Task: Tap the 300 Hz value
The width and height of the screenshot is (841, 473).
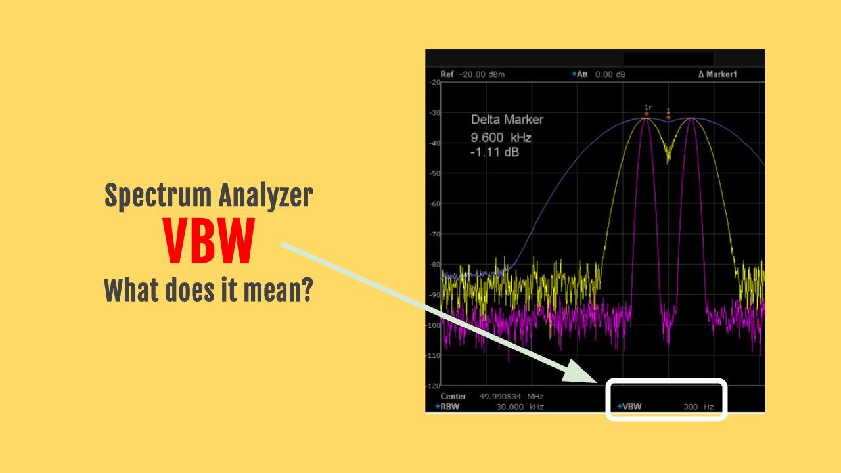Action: (697, 407)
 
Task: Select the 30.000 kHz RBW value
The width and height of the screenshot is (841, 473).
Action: (520, 407)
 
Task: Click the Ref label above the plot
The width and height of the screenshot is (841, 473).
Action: (447, 74)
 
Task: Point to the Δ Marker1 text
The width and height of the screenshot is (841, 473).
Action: (717, 74)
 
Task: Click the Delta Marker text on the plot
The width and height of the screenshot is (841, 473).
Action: (507, 120)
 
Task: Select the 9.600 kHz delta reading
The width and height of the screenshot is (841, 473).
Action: (501, 137)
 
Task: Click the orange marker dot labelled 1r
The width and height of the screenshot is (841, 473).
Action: (647, 114)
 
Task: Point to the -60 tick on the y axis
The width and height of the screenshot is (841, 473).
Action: (433, 204)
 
